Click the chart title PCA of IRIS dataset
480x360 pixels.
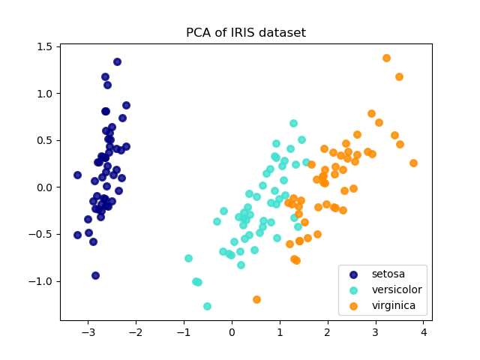[x=246, y=33]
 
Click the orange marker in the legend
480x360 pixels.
[x=355, y=305]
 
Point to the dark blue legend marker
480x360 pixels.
[x=355, y=274]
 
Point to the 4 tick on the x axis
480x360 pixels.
[x=423, y=332]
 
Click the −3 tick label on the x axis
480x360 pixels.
[x=85, y=332]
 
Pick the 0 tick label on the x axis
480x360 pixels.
[x=232, y=332]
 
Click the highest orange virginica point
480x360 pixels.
[x=386, y=58]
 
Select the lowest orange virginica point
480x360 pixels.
[x=256, y=299]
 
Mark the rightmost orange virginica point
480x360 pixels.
[x=413, y=163]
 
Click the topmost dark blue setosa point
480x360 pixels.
[x=117, y=61]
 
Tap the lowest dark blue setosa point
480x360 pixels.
[x=95, y=275]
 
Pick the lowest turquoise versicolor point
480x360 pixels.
[x=207, y=306]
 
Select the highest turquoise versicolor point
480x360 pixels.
[x=293, y=123]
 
